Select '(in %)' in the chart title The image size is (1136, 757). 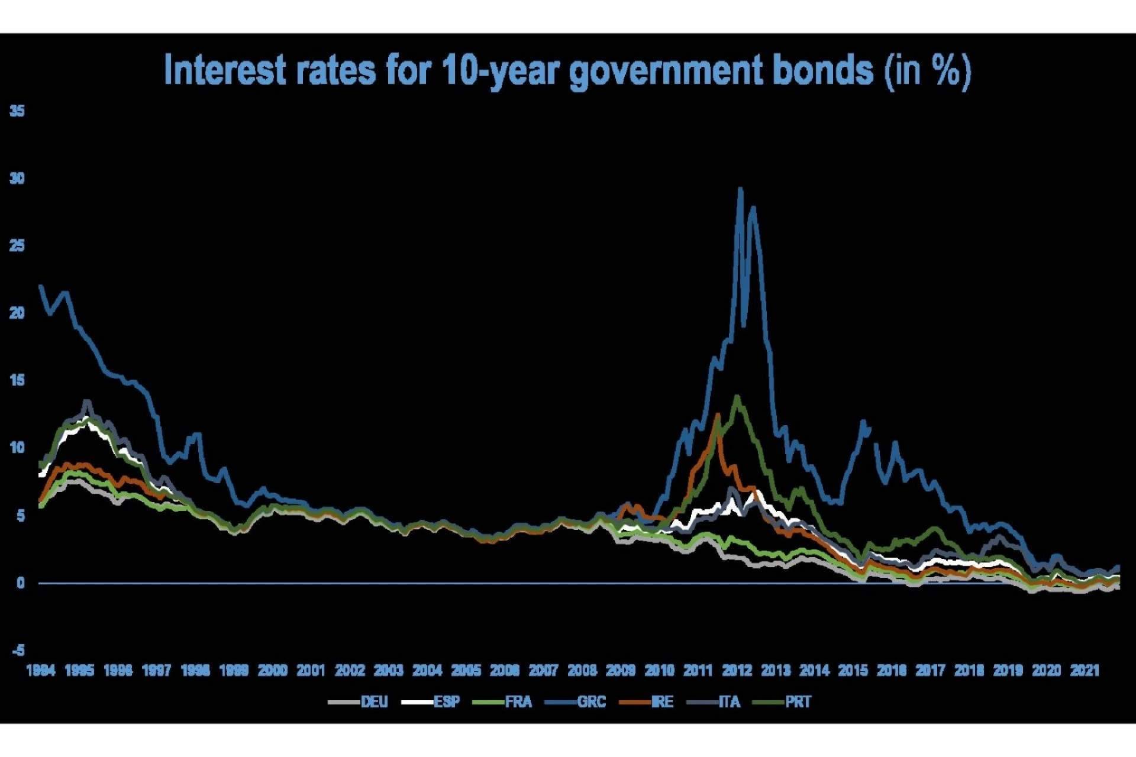pos(927,71)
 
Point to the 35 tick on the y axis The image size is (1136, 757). pos(17,111)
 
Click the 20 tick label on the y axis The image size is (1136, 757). pos(17,313)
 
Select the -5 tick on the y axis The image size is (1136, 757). pos(18,651)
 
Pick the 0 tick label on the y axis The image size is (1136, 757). pos(21,583)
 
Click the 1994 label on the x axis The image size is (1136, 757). pos(41,670)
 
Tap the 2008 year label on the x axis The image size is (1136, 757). pos(582,670)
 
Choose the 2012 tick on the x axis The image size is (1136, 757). pos(737,670)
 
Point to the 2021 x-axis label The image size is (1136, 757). pos(1085,670)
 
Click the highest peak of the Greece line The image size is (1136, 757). pos(740,189)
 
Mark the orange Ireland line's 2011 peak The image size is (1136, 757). pos(718,415)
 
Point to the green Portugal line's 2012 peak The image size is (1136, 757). pos(737,397)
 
